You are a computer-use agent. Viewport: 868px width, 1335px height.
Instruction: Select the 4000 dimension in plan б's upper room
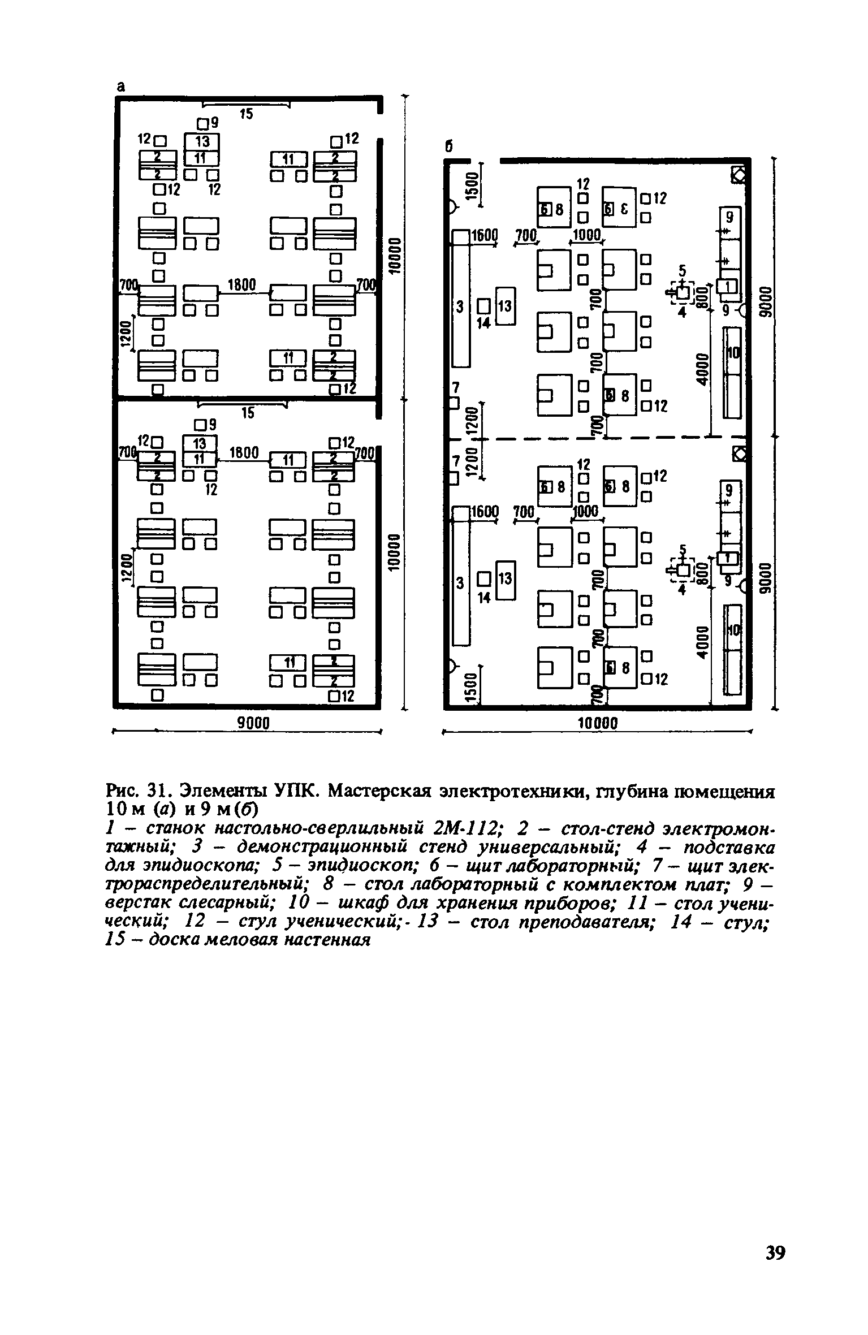(702, 370)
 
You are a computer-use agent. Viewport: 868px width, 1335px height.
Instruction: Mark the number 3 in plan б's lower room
(460, 583)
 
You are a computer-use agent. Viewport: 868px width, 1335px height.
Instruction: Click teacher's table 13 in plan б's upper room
(506, 306)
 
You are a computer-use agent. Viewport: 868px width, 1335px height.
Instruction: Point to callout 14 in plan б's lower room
(484, 598)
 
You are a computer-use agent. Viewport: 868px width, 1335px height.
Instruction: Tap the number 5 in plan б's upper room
(682, 271)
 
